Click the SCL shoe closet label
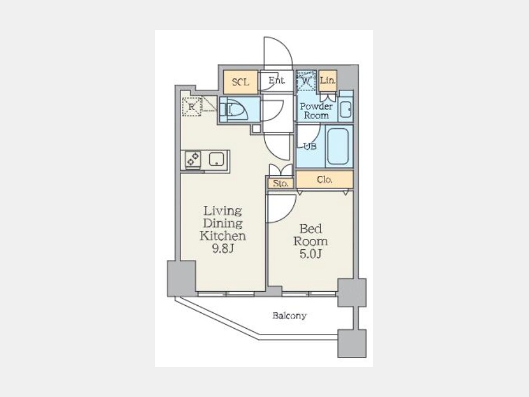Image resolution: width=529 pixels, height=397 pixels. pyautogui.click(x=240, y=82)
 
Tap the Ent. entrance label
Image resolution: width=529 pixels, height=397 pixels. pyautogui.click(x=277, y=81)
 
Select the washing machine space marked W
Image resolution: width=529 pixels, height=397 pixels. pyautogui.click(x=306, y=81)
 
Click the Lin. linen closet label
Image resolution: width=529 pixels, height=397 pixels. pyautogui.click(x=327, y=81)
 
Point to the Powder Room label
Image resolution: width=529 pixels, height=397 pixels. pyautogui.click(x=316, y=111)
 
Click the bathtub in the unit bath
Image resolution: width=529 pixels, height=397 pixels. pyautogui.click(x=338, y=146)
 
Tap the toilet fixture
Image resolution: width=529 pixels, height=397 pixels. pyautogui.click(x=233, y=109)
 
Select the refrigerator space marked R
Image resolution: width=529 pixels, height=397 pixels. pyautogui.click(x=192, y=106)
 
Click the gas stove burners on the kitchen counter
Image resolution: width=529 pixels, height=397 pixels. pyautogui.click(x=193, y=159)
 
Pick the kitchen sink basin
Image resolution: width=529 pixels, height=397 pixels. pyautogui.click(x=216, y=159)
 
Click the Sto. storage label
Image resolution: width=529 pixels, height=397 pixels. pyautogui.click(x=281, y=184)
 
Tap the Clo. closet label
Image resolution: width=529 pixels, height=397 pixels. pyautogui.click(x=324, y=179)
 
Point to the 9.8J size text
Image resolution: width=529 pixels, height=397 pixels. pyautogui.click(x=223, y=248)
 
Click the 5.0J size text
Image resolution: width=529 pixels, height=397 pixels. pyautogui.click(x=311, y=253)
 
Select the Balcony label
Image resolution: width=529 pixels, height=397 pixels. pyautogui.click(x=289, y=316)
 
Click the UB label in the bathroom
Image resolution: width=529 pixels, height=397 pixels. pyautogui.click(x=310, y=146)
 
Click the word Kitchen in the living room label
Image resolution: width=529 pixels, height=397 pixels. pyautogui.click(x=223, y=236)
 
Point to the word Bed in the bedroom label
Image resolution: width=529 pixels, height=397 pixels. pyautogui.click(x=310, y=229)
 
